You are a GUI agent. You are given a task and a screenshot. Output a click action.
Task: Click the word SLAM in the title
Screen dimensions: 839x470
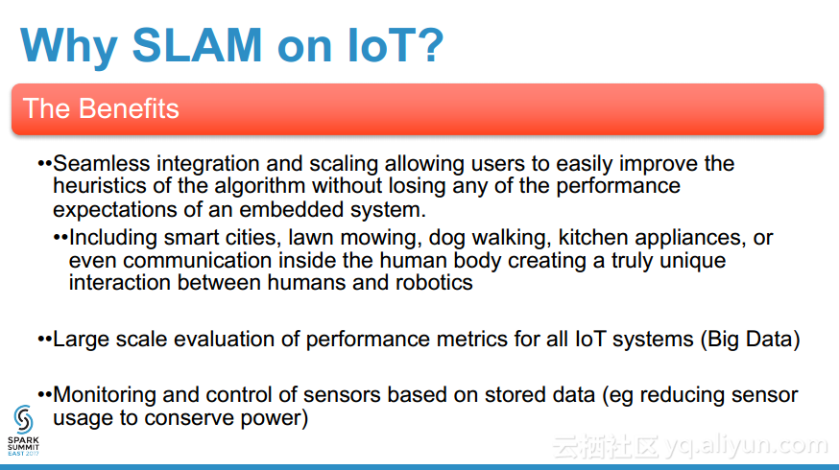(197, 45)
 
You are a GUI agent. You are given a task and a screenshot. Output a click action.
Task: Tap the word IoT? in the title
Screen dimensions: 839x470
(396, 45)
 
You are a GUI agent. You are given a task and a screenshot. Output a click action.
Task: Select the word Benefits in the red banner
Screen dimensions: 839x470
(129, 108)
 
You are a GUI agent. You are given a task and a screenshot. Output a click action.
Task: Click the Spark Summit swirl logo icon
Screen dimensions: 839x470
(24, 419)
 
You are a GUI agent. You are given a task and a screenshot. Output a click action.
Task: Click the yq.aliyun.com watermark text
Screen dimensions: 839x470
(746, 445)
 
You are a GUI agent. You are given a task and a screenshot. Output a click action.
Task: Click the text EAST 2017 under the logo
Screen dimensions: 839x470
(24, 454)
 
